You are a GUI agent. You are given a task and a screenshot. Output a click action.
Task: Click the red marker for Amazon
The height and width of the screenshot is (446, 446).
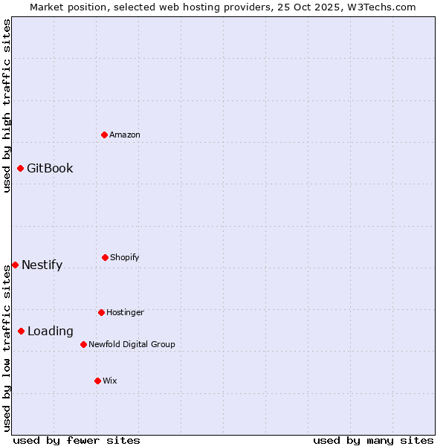click(x=104, y=135)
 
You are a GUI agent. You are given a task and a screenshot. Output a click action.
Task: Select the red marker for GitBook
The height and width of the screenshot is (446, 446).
click(x=20, y=168)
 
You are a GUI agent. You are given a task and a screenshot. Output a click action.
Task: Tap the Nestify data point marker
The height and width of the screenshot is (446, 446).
click(x=15, y=265)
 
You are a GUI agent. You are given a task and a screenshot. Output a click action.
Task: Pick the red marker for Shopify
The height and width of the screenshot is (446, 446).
click(x=105, y=257)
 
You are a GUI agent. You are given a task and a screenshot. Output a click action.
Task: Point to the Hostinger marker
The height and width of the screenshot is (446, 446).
click(x=101, y=312)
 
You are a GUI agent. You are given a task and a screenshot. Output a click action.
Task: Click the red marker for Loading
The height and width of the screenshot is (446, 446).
click(x=21, y=331)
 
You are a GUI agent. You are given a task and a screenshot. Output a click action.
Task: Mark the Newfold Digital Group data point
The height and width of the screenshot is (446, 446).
click(x=83, y=344)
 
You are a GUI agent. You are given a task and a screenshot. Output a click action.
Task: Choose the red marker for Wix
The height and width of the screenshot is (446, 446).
click(x=97, y=381)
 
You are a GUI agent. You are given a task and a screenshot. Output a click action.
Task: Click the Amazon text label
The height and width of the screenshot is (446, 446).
click(x=125, y=135)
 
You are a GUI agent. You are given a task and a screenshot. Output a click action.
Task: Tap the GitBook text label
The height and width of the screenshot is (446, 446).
click(x=50, y=168)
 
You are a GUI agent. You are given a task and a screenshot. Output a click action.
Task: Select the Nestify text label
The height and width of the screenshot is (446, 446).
click(x=42, y=265)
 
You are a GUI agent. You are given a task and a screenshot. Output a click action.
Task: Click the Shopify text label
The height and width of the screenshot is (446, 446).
click(x=125, y=257)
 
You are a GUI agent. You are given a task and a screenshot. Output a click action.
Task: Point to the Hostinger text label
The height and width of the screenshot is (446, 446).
click(x=125, y=312)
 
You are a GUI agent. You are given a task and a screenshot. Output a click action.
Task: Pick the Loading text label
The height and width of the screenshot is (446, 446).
click(x=51, y=331)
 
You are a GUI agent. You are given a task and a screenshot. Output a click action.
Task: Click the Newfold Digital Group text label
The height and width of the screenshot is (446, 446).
click(x=132, y=344)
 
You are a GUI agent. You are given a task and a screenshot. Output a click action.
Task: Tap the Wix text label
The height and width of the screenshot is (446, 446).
click(x=110, y=381)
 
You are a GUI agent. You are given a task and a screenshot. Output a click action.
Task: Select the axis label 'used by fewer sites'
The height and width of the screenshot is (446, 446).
click(x=77, y=440)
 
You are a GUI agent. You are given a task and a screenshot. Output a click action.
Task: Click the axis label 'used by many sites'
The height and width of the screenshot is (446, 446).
click(x=373, y=440)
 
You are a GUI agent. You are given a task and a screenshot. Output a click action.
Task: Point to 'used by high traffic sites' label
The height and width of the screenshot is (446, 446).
click(x=7, y=106)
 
